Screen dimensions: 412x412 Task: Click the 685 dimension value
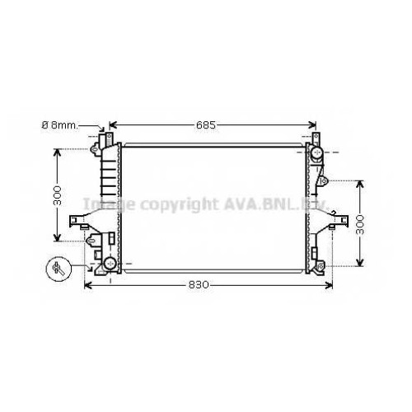(x=206, y=125)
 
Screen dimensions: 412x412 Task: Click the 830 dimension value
(x=199, y=285)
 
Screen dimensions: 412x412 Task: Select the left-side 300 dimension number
(x=57, y=195)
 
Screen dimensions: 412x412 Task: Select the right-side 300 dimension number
(x=359, y=225)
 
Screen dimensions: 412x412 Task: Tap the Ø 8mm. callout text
(x=60, y=125)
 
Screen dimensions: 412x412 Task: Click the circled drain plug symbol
(x=59, y=269)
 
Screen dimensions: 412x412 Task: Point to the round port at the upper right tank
(x=317, y=152)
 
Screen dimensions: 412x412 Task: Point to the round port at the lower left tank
(x=110, y=263)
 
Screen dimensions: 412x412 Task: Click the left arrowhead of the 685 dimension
(x=113, y=125)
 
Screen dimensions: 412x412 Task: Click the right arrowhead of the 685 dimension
(x=312, y=125)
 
